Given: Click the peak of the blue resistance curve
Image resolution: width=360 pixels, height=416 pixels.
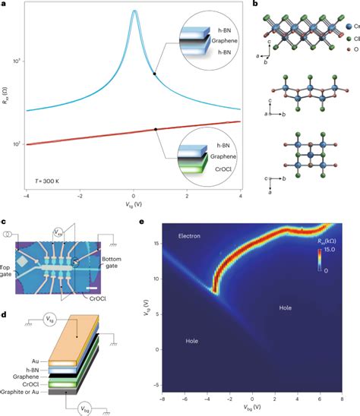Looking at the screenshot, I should pos(134,11).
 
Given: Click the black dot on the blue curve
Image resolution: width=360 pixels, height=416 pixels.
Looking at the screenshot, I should pos(155,73).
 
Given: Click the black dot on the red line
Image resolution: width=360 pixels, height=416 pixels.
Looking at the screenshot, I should pos(156,129).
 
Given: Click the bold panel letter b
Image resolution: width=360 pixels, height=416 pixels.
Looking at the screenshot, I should pos(254,5).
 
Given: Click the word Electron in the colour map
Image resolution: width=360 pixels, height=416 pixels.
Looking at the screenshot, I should pos(189,236).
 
